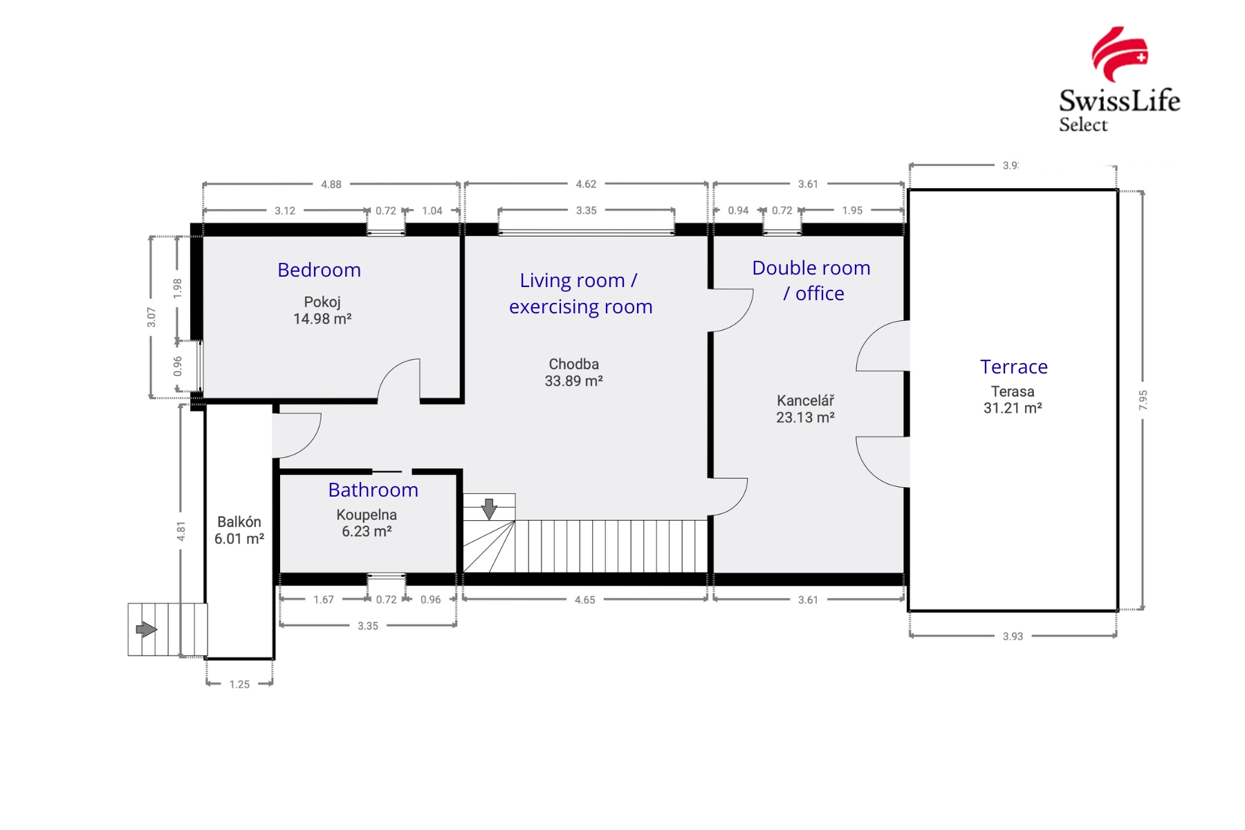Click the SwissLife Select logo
pos(1119,80)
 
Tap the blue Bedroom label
pos(319,270)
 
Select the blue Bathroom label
pos(373,490)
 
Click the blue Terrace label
pos(1013,367)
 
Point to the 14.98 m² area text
pos(322,319)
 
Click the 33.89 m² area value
pos(573,381)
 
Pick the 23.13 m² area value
pos(805,418)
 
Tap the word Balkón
pos(239,522)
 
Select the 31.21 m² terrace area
pos(1013,408)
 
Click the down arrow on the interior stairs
pos(489,509)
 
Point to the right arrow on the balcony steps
pos(146,629)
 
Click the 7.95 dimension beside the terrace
pos(1143,400)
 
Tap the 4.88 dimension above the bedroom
pos(331,185)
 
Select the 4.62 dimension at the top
pos(586,185)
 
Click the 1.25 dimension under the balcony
pos(239,684)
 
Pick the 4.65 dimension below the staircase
pos(584,600)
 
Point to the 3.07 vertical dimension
pos(151,317)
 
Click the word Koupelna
pos(367,515)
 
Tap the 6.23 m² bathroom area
pos(367,531)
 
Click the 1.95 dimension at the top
pos(852,211)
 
